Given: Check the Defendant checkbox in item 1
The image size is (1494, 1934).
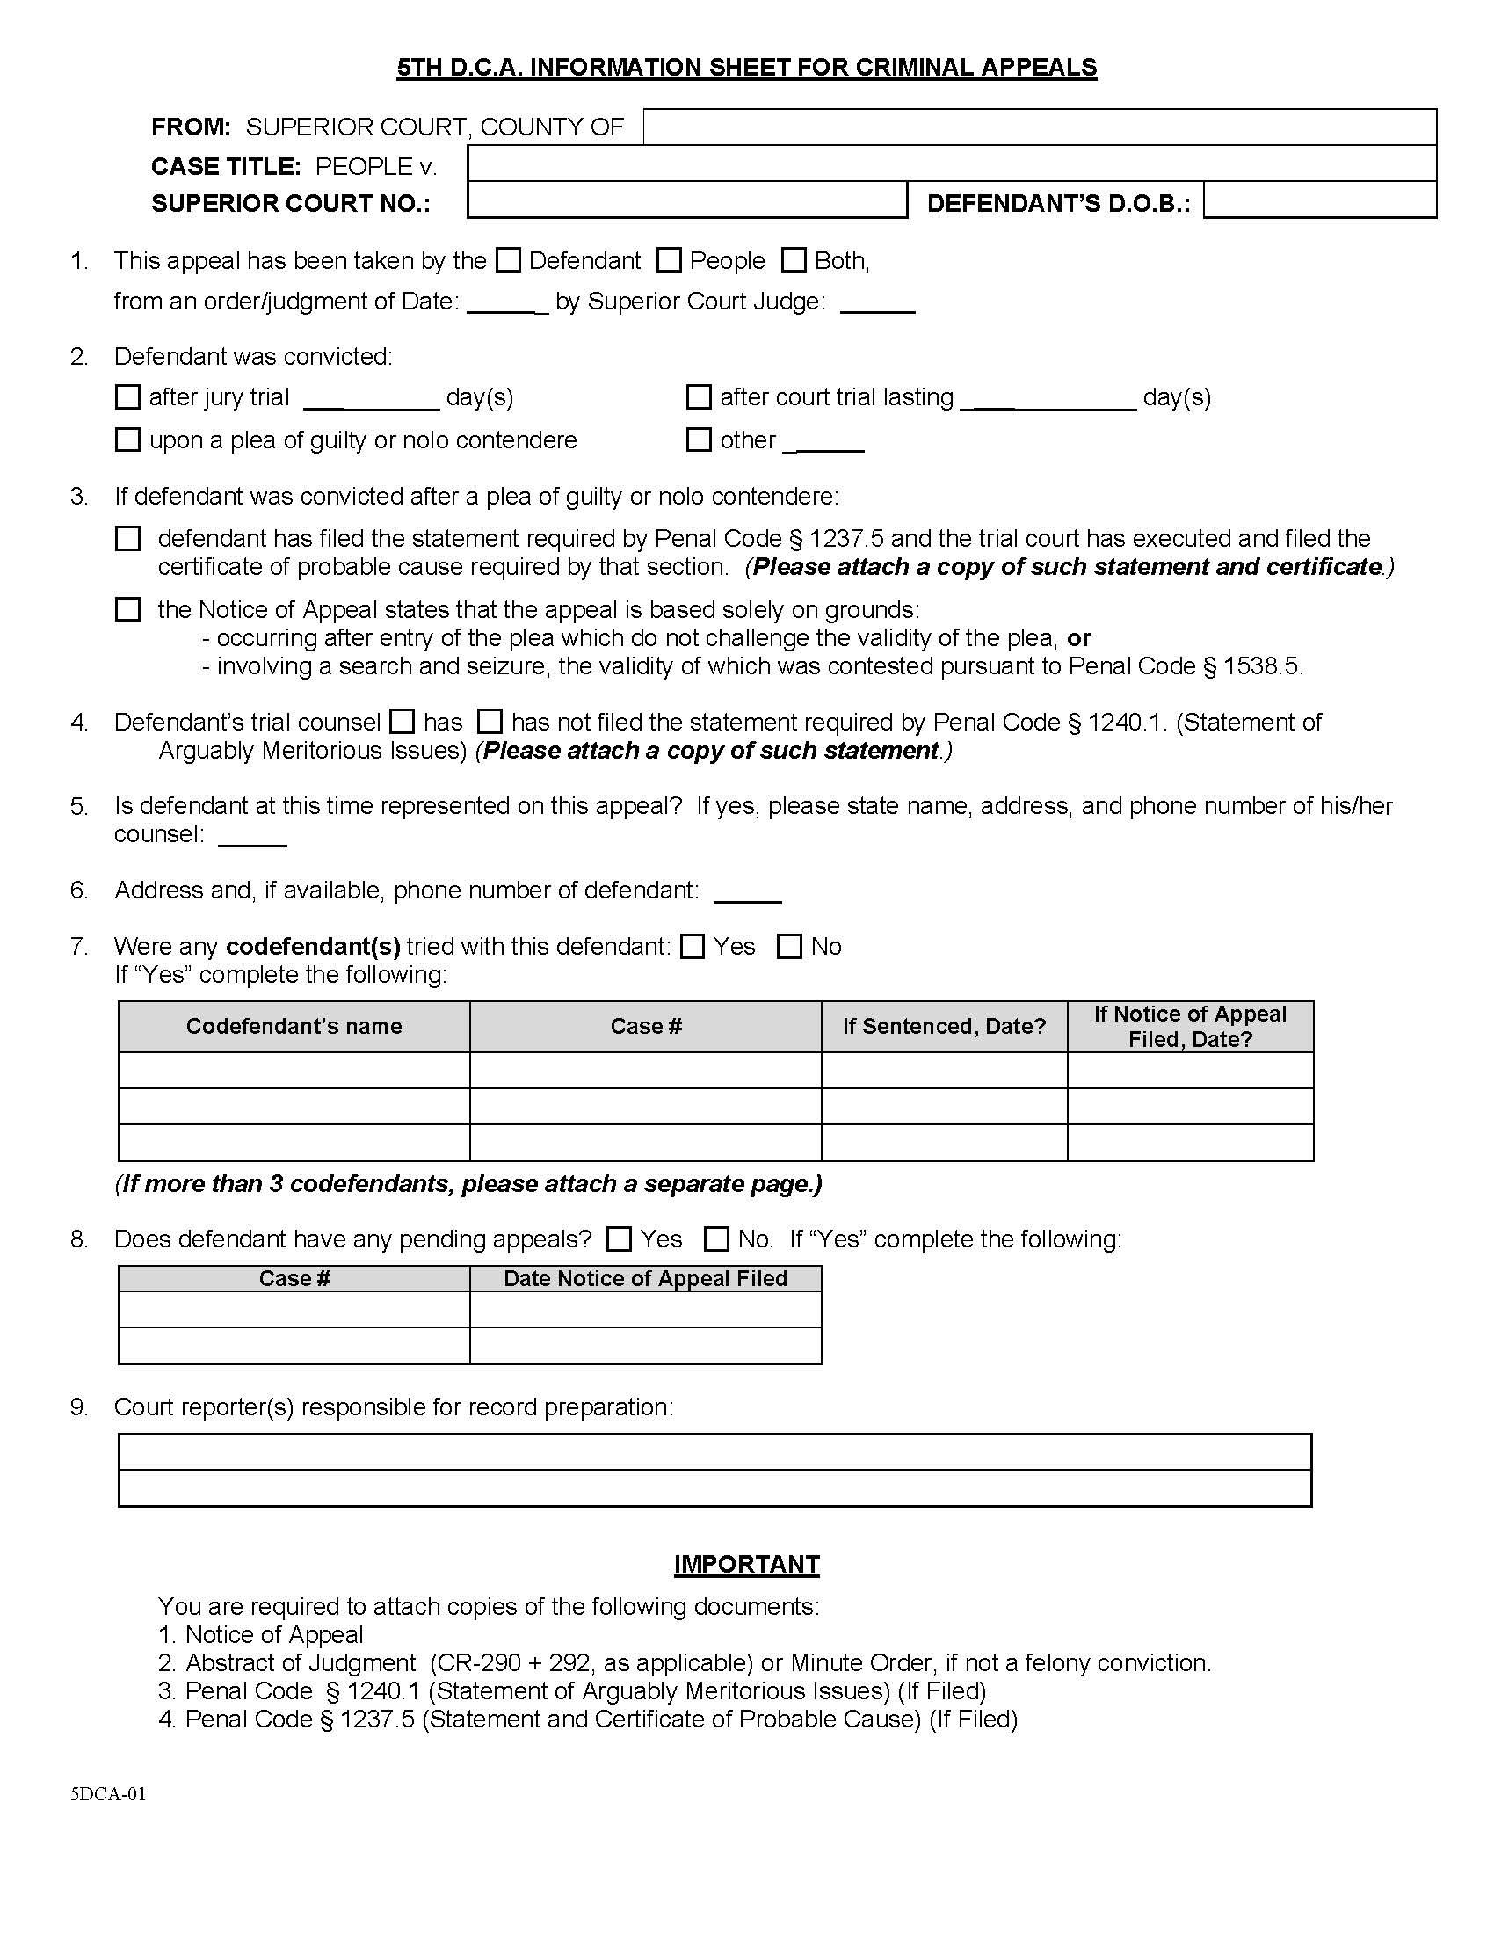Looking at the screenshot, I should coord(508,260).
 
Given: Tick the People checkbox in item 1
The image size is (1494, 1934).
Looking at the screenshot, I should coord(669,260).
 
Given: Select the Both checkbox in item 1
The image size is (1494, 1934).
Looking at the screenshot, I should coord(794,260).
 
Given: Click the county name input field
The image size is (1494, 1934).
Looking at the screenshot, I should coord(1039,127).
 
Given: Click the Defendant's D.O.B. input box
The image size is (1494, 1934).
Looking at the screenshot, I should coord(1319,200).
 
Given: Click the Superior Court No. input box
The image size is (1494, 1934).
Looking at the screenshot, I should coord(687,200).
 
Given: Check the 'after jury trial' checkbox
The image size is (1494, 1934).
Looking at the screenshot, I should coord(128,396).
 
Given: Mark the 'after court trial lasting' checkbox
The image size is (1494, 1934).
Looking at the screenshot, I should coord(700,396).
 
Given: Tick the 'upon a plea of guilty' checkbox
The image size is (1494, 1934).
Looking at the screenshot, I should coord(128,440).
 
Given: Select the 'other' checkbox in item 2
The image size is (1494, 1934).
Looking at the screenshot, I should coord(700,440).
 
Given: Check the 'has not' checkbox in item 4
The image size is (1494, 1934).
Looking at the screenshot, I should coord(490,722).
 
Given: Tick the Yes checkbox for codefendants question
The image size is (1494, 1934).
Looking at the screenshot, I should coord(693,947).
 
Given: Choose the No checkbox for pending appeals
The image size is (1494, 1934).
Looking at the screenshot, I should coord(716,1239).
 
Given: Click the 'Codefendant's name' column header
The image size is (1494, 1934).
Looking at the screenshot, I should coord(294,1026).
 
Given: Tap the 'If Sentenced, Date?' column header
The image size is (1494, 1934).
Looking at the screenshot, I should coord(944,1026).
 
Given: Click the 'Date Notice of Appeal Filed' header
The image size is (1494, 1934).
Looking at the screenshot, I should coord(645,1278).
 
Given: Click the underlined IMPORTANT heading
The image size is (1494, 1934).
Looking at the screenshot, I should coord(746,1564).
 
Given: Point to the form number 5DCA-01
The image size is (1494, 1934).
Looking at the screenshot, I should coord(108,1794).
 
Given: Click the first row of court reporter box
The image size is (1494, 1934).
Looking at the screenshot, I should coord(714,1452).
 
